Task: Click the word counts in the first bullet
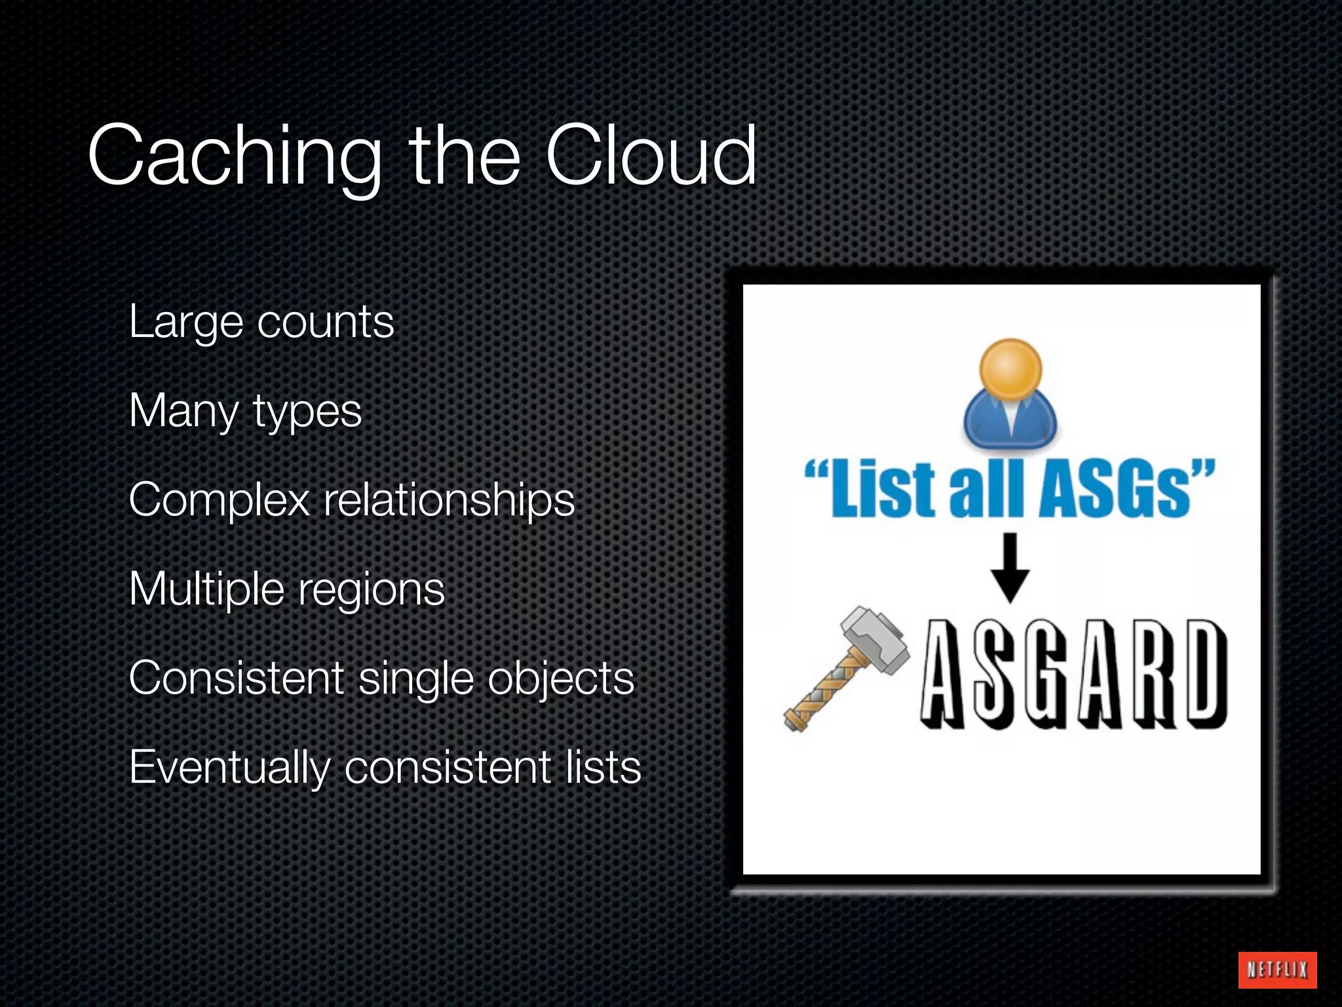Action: (x=326, y=323)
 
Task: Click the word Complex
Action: (x=219, y=501)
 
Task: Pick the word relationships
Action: (x=450, y=501)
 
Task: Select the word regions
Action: (x=372, y=591)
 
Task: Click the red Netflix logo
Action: (x=1277, y=970)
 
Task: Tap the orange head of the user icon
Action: (x=1010, y=369)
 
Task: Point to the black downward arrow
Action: (x=1010, y=568)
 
